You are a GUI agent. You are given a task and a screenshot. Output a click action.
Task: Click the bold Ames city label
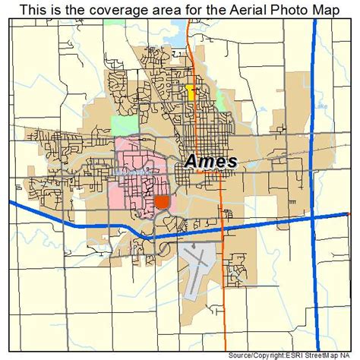(x=211, y=162)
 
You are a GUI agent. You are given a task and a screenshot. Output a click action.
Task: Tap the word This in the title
(x=34, y=8)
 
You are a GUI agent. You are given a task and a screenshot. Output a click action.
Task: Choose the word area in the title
(x=146, y=8)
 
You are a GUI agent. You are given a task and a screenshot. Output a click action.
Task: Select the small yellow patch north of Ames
(x=189, y=93)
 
